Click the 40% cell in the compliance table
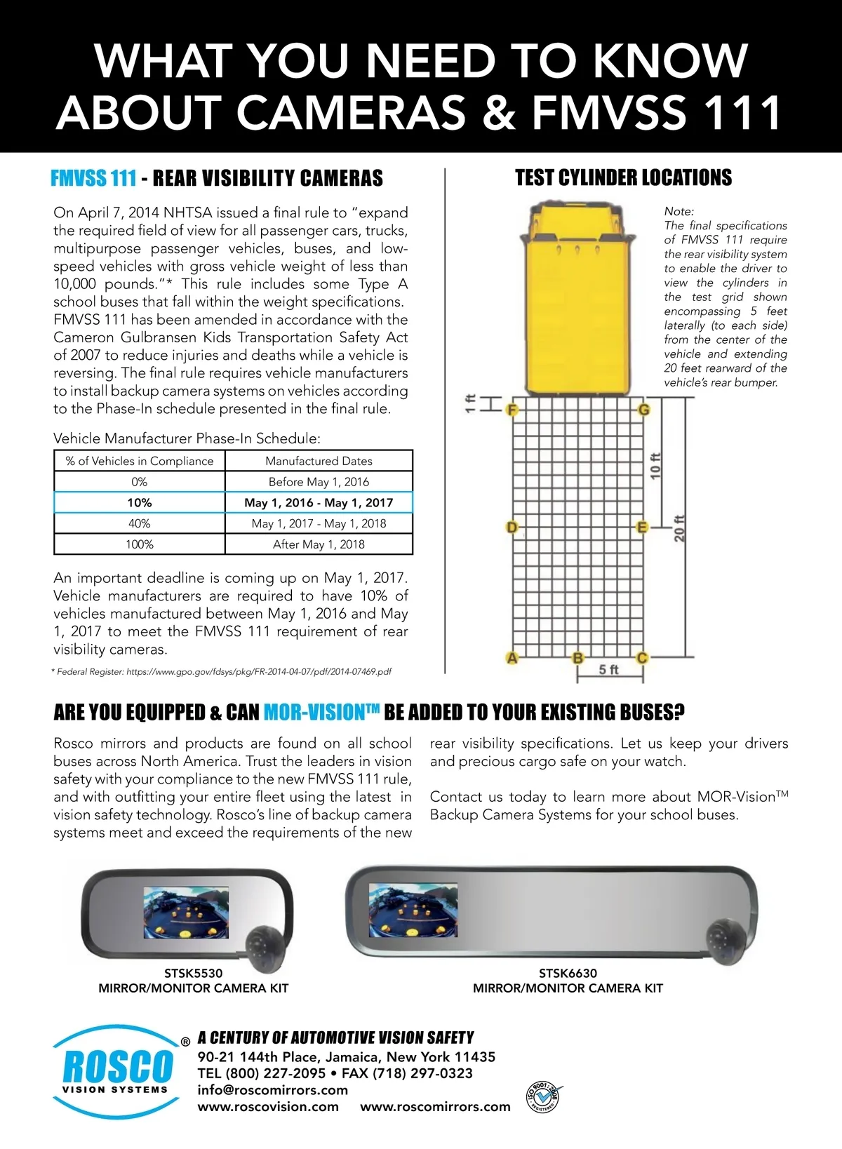click(139, 523)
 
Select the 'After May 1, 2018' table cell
click(319, 544)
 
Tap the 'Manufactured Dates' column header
click(319, 461)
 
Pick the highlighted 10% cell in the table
click(139, 502)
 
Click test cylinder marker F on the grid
click(513, 410)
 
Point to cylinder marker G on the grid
click(643, 410)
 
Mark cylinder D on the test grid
click(512, 528)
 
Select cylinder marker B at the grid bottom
click(577, 658)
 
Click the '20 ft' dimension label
click(679, 528)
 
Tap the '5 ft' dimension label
click(608, 670)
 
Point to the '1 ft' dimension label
click(471, 403)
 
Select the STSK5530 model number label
click(193, 973)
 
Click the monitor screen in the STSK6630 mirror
click(413, 911)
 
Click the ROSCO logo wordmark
click(117, 1067)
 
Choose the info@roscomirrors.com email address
click(273, 1090)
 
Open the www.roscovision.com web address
click(268, 1107)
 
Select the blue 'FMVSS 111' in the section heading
click(93, 178)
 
